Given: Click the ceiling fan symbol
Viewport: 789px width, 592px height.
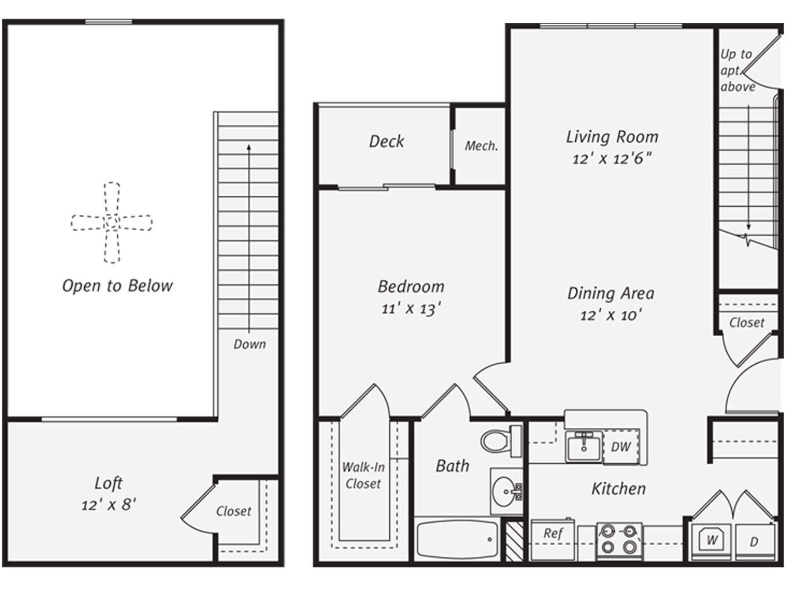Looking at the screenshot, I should [111, 222].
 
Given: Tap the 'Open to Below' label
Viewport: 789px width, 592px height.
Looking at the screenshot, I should [117, 286].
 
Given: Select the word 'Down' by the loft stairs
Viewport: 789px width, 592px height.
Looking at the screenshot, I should [250, 344].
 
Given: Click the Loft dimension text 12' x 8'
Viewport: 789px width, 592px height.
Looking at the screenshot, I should [109, 505].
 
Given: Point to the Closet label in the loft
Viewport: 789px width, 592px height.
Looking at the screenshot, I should [233, 511].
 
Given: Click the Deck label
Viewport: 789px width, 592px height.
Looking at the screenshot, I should [386, 142].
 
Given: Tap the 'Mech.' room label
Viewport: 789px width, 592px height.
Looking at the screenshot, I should [481, 146].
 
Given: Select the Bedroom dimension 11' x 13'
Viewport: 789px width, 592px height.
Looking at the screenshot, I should [411, 309].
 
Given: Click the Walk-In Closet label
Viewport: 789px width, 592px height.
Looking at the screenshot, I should [363, 475].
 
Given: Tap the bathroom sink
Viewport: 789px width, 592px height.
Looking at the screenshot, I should [506, 492].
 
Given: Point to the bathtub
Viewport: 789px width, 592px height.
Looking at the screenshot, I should [456, 539].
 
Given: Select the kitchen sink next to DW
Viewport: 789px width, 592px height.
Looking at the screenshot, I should [584, 446].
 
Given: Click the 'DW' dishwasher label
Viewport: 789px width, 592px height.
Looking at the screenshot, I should [621, 446].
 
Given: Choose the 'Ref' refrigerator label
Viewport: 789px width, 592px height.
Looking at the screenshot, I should [553, 534].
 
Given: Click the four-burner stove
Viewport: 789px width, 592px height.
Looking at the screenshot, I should [619, 539].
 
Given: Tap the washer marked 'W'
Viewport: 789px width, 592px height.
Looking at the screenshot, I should [712, 540].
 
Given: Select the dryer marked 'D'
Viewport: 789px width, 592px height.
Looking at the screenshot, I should [754, 542].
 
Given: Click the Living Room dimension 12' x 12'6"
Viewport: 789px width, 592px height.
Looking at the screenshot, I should [612, 159].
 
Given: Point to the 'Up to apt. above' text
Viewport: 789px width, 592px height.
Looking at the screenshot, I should [737, 70].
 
